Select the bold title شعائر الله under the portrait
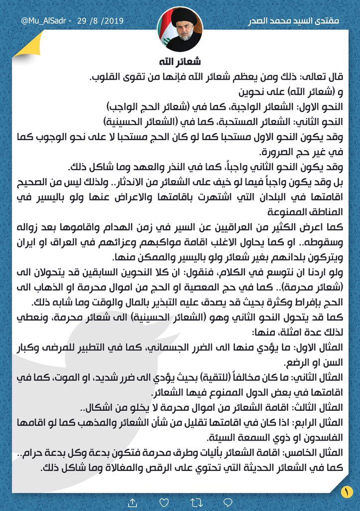pyautogui.click(x=180, y=62)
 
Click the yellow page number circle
pyautogui.click(x=345, y=491)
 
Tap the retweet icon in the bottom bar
pyautogui.click(x=180, y=501)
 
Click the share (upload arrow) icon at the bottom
pyautogui.click(x=133, y=501)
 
